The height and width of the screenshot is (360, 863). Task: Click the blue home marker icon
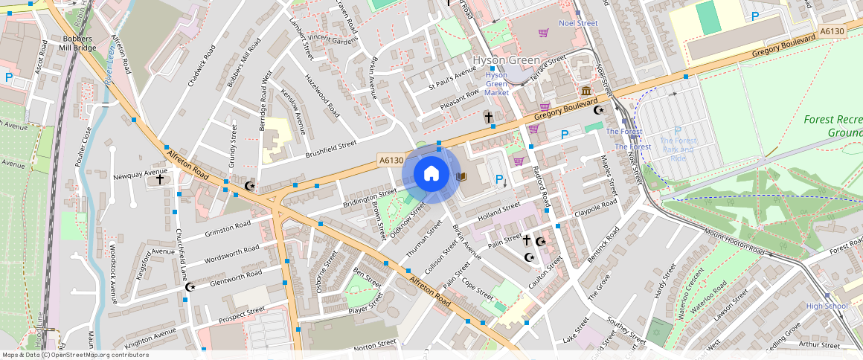(431, 174)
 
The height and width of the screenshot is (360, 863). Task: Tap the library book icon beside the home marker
(461, 176)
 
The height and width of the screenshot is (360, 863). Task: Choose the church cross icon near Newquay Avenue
(159, 179)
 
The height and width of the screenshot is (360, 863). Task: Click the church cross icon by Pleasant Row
(489, 117)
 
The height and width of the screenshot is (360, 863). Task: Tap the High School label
(827, 306)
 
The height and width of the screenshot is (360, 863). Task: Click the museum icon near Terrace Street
(586, 91)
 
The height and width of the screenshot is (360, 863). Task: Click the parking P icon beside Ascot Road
(9, 77)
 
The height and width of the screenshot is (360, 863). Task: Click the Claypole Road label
(595, 208)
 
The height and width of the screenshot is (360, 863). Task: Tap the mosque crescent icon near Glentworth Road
(190, 286)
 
